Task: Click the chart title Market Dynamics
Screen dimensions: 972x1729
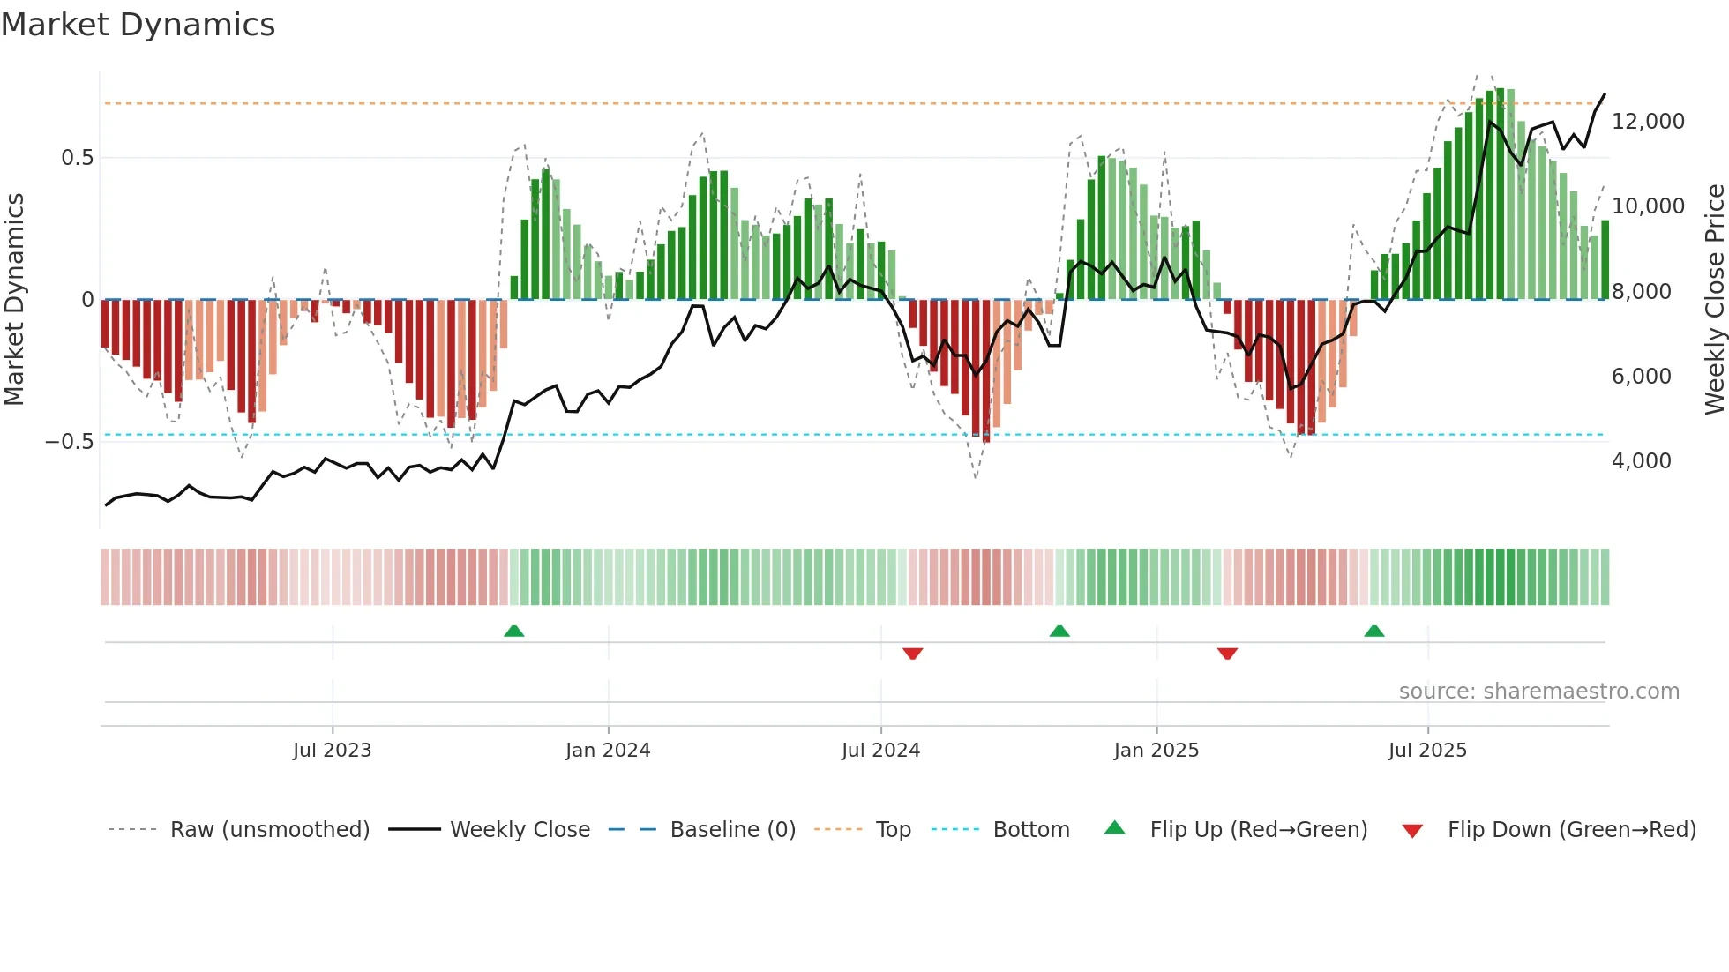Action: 138,25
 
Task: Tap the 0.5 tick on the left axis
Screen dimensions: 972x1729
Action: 77,158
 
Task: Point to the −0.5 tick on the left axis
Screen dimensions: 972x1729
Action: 69,442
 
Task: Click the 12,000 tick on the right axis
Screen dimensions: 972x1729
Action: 1648,122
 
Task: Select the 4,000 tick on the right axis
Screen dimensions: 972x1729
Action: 1641,461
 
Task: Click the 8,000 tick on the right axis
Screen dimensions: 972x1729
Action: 1641,292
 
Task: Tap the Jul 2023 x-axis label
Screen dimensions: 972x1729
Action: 332,751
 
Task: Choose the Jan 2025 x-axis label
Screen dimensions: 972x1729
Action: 1156,751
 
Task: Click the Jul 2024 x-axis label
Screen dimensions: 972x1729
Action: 880,751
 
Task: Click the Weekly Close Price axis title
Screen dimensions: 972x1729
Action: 1714,300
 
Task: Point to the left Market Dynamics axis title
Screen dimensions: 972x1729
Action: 14,300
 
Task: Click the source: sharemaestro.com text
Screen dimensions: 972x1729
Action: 1538,692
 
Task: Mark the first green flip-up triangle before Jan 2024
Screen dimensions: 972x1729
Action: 513,631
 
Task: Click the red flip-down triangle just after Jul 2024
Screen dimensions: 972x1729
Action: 912,654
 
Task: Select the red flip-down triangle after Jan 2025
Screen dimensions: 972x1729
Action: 1227,654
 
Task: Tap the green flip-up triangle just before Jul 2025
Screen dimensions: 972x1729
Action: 1373,631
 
